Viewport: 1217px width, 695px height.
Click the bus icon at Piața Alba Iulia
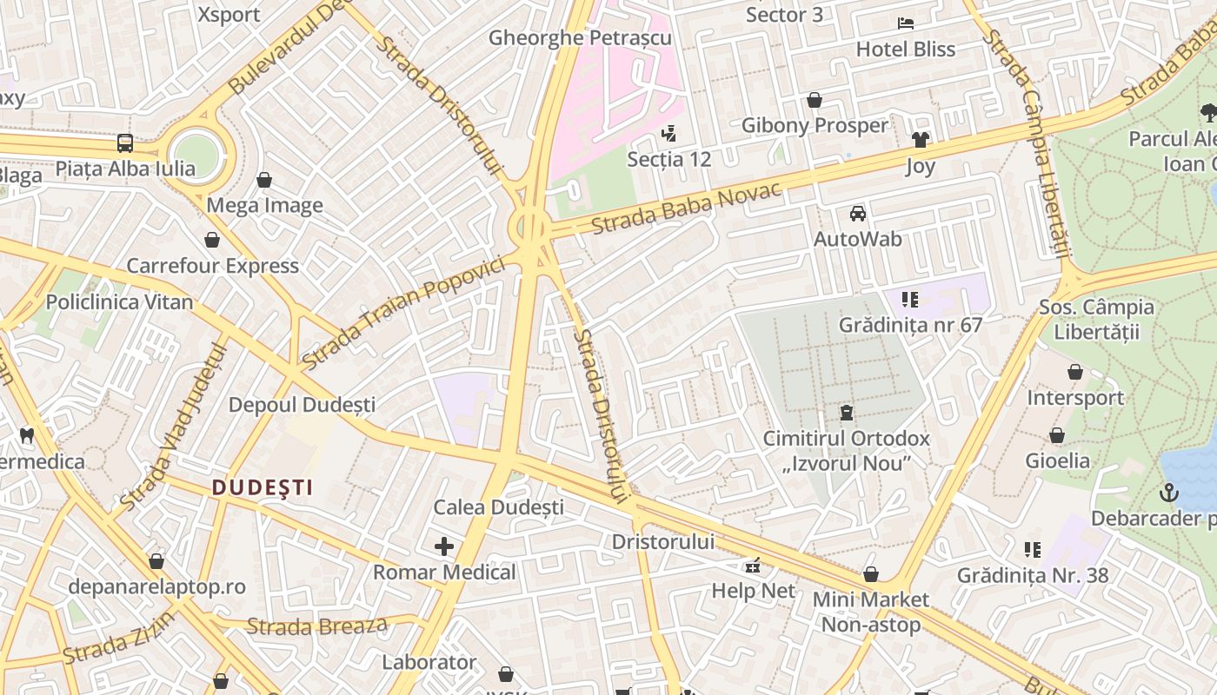point(125,143)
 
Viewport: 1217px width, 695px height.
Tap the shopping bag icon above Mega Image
point(264,180)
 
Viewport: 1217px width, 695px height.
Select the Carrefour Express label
point(213,266)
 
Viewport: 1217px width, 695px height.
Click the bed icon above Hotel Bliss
point(906,23)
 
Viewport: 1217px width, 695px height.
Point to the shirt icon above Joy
point(921,139)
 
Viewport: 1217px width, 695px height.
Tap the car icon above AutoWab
point(858,213)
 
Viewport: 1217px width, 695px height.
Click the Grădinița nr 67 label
point(910,325)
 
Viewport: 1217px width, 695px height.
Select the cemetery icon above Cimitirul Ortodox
point(847,413)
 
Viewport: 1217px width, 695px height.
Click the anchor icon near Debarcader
point(1168,493)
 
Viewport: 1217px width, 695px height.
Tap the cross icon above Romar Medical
point(444,546)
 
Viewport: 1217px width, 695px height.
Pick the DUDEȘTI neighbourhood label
point(263,487)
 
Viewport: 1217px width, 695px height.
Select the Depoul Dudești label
point(302,405)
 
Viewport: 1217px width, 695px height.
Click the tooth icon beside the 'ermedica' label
point(26,435)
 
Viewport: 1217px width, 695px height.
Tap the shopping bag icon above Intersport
point(1075,373)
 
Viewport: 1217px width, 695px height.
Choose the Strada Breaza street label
point(316,626)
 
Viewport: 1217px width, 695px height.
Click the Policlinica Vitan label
point(119,302)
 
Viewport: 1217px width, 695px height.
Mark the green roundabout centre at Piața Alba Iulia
point(196,154)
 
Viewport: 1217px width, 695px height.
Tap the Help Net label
point(753,591)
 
